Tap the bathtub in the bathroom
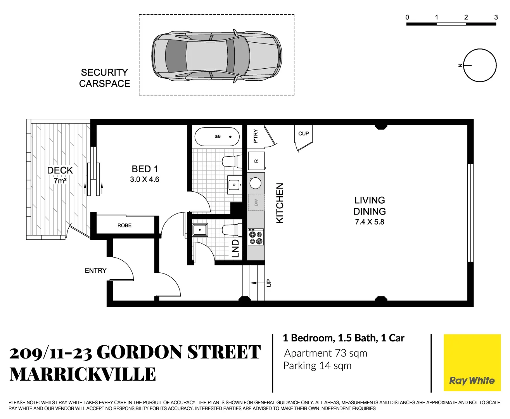(217, 137)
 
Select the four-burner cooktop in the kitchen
(256, 237)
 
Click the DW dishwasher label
(256, 202)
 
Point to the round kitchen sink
(256, 183)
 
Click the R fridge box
(256, 161)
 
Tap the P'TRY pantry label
(255, 136)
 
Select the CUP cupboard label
(303, 133)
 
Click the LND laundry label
(235, 249)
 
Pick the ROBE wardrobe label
(124, 225)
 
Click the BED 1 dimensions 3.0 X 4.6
(144, 180)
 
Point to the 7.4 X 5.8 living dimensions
(369, 222)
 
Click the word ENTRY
(95, 270)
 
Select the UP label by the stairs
(269, 283)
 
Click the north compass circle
(480, 65)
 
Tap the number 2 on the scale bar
(466, 17)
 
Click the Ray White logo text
(472, 380)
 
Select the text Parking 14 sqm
(317, 366)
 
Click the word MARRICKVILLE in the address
(83, 375)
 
